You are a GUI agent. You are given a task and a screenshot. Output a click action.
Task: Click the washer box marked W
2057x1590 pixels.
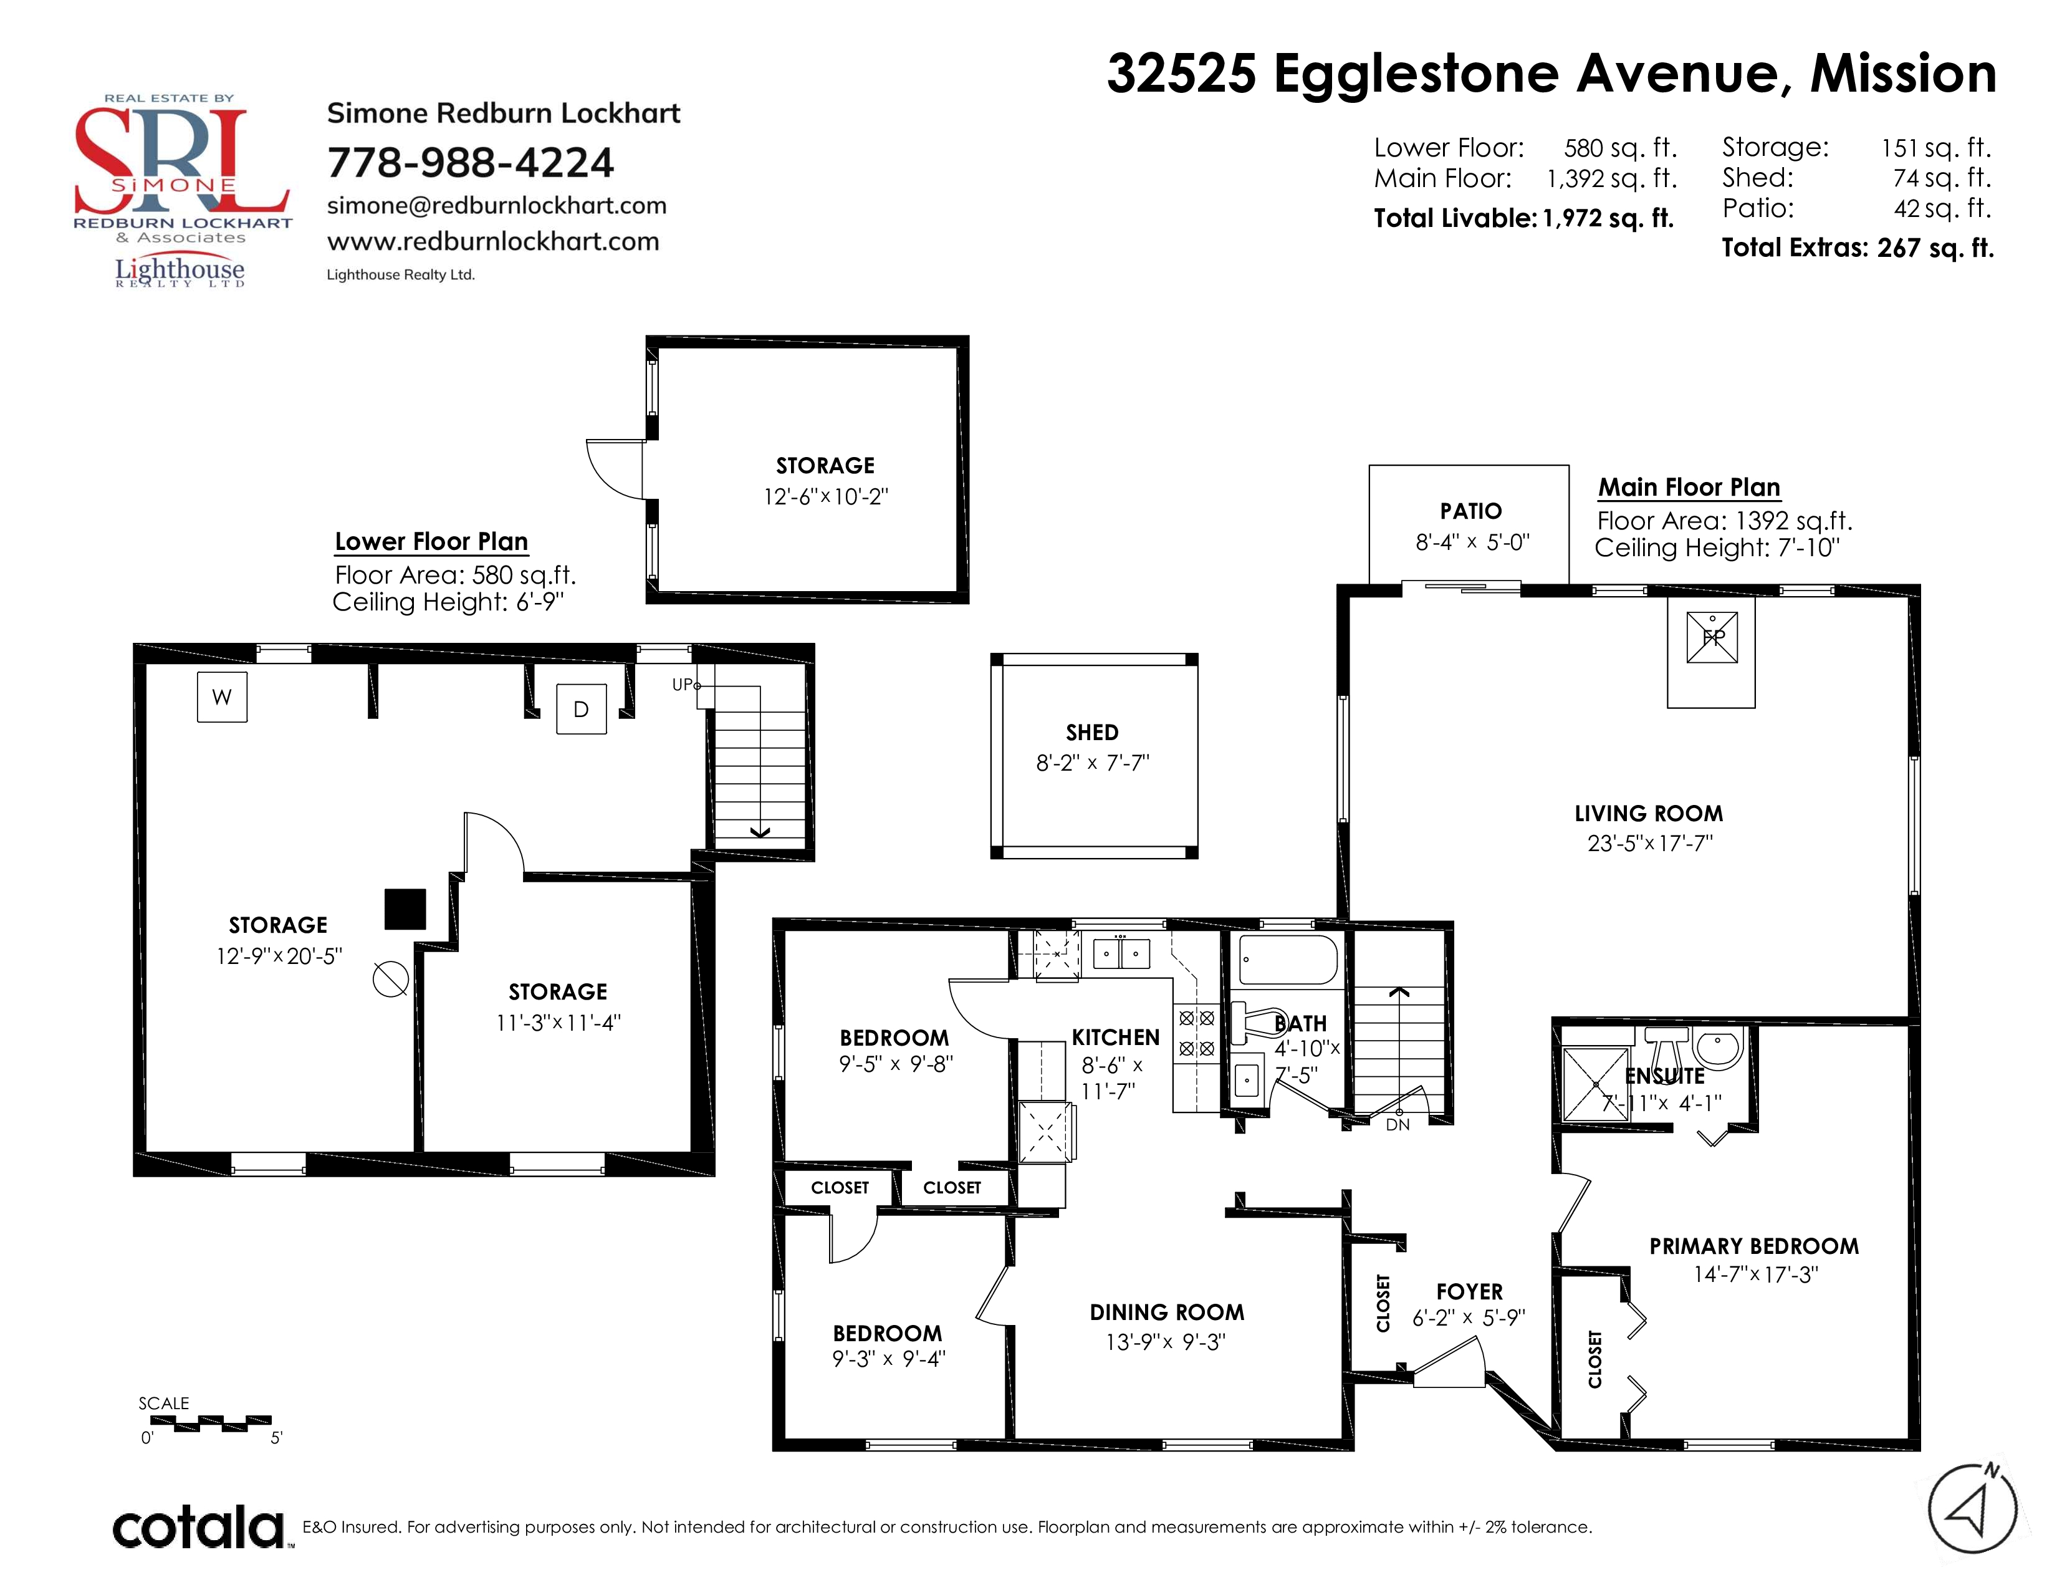click(x=223, y=697)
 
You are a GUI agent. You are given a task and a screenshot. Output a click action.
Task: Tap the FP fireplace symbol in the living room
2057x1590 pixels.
click(x=1712, y=638)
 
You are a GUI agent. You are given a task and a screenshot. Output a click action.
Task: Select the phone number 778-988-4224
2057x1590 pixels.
click(x=470, y=162)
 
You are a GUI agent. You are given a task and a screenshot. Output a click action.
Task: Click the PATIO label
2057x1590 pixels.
click(x=1470, y=511)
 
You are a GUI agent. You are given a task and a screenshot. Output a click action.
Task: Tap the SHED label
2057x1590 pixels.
click(x=1091, y=733)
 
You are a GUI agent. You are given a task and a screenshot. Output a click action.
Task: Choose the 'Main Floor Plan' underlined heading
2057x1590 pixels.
click(x=1689, y=487)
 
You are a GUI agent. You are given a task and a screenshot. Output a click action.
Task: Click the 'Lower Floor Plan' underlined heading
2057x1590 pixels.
click(x=431, y=542)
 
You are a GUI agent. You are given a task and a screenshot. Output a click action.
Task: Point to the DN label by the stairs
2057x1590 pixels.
click(x=1398, y=1125)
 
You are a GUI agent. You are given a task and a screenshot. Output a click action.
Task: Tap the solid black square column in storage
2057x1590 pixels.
click(x=405, y=909)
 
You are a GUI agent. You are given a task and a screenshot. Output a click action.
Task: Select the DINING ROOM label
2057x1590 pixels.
click(x=1167, y=1312)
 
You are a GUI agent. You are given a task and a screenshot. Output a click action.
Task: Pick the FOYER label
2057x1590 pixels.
click(x=1469, y=1291)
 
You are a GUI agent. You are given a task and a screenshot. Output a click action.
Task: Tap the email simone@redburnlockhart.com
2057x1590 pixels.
click(x=496, y=205)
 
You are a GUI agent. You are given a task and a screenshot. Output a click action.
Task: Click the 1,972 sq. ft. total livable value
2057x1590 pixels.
click(x=1608, y=218)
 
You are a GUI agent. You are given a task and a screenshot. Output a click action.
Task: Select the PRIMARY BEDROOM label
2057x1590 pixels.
click(x=1753, y=1246)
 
